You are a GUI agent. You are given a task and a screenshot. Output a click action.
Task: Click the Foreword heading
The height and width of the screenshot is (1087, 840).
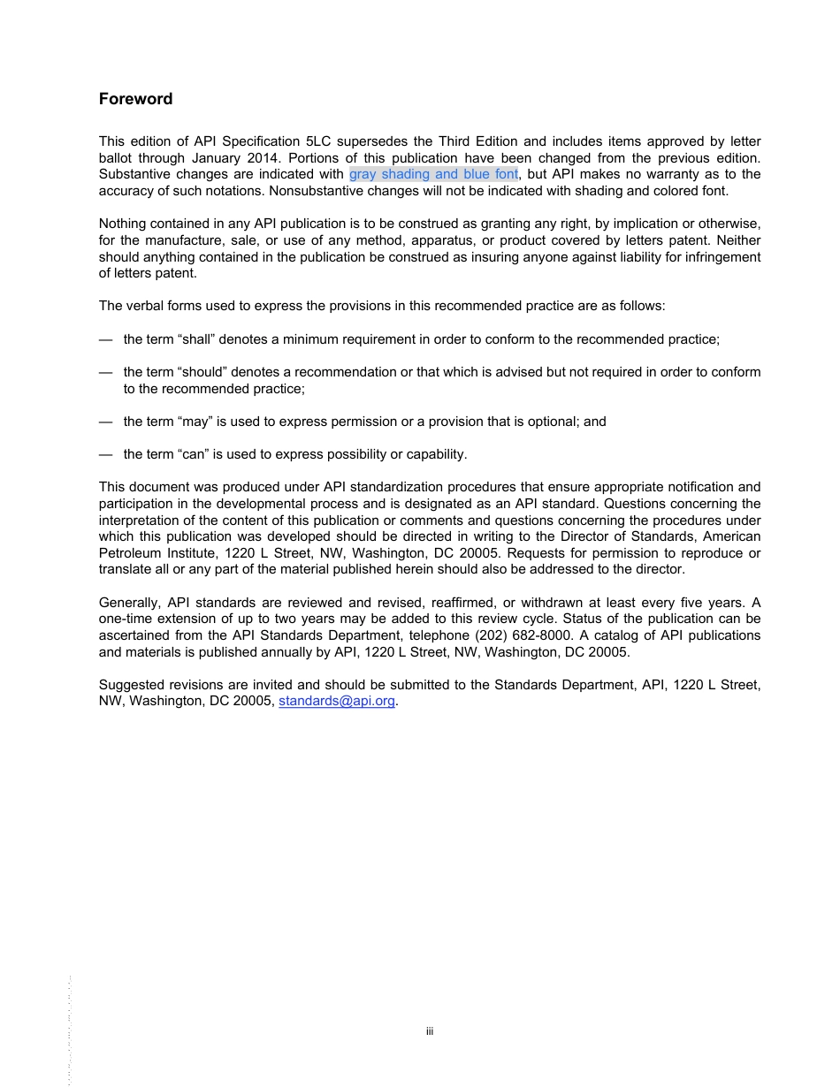coord(135,99)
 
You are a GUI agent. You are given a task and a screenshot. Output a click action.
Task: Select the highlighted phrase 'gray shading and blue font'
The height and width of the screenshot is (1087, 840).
coord(433,174)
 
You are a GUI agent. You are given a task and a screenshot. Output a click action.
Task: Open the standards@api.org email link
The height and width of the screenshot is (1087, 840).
coord(337,701)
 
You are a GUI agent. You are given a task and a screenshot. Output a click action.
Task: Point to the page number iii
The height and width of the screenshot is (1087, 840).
coord(429,1031)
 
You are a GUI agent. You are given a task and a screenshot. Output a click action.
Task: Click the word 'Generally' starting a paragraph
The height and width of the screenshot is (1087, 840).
coord(128,603)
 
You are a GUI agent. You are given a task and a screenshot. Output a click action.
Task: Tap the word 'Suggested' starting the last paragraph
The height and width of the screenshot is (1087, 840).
coord(130,685)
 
